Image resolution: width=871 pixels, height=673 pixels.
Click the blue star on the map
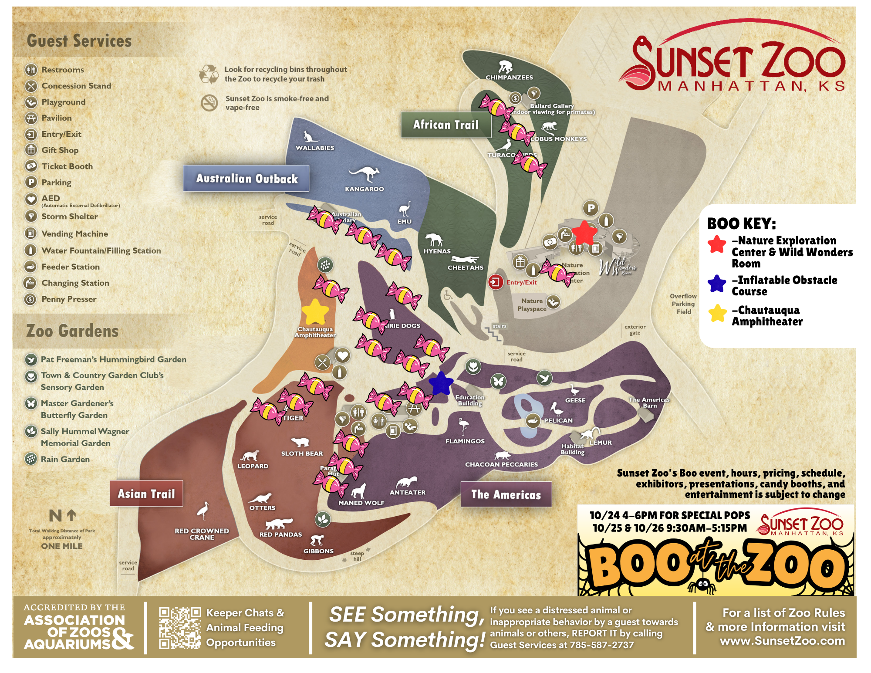tap(441, 383)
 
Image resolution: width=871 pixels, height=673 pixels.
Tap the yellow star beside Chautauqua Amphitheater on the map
tap(315, 312)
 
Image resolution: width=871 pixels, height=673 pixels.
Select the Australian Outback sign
tap(246, 179)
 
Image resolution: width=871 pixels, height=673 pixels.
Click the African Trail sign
tap(446, 125)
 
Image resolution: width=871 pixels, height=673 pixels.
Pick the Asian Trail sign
tap(146, 494)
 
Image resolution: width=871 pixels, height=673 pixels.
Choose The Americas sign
tap(506, 494)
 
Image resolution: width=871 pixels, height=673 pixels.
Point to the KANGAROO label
tap(365, 189)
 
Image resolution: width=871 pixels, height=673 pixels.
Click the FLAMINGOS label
tap(465, 441)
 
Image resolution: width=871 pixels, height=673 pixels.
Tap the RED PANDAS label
tap(280, 534)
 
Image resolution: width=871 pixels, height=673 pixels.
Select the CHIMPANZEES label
tap(509, 78)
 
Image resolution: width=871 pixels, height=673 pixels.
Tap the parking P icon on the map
tap(591, 208)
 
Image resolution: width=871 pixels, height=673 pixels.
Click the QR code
tap(180, 628)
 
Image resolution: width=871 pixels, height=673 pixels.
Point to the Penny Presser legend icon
tap(30, 299)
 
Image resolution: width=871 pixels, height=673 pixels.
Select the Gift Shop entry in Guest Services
tap(60, 150)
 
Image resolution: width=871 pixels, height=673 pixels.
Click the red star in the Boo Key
tap(717, 244)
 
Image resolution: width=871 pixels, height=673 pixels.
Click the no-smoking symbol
tap(209, 103)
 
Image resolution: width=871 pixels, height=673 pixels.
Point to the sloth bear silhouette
tap(300, 442)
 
